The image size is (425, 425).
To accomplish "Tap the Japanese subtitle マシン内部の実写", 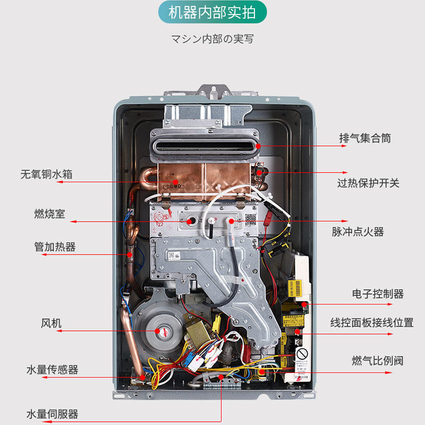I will [212, 39].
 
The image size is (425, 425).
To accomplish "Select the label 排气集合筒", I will [365, 138].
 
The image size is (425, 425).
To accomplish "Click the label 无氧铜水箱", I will [46, 174].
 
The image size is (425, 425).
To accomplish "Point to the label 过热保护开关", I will [368, 183].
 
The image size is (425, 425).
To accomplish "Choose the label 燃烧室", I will [49, 214].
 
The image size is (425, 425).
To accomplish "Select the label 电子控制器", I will [378, 294].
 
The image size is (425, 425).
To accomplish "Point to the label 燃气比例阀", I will [377, 361].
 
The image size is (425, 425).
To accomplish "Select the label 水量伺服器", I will [52, 414].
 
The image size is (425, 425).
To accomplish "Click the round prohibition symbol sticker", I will [302, 354].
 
